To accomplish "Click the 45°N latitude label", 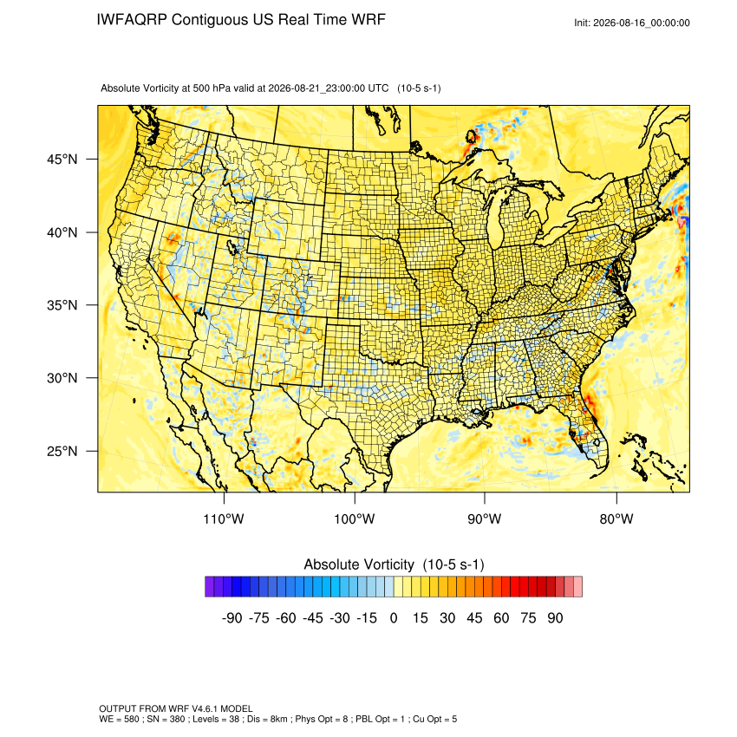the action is (62, 160).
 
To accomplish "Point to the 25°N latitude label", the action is (62, 451).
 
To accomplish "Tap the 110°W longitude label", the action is (224, 519).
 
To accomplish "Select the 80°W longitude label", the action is (616, 519).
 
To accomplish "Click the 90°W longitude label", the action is (485, 519).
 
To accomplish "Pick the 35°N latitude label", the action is (62, 305).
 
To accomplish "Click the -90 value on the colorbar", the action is (232, 617).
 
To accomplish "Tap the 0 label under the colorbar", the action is (394, 617).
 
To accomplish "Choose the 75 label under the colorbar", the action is (528, 617).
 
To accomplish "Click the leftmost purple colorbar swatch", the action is (210, 587).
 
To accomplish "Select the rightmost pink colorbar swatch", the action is (578, 587).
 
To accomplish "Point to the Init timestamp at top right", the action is (632, 23).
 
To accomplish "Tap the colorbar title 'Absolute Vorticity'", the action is (359, 564).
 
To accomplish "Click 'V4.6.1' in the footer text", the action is (205, 708).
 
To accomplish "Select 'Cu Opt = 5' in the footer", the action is (434, 719).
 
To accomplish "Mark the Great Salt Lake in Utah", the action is (232, 247).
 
